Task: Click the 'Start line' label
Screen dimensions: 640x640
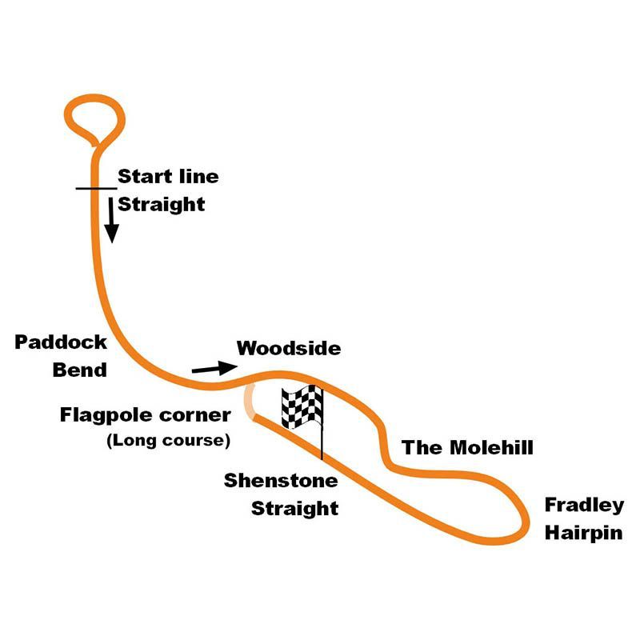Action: [168, 177]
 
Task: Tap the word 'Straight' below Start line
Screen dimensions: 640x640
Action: [162, 204]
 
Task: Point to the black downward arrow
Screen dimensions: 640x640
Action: [112, 219]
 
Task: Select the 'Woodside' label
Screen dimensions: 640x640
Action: [289, 349]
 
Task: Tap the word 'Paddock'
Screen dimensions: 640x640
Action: [61, 342]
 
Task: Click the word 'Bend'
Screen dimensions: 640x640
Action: [80, 370]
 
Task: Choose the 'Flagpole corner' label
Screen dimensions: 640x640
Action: [146, 415]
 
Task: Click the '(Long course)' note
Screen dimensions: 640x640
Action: [169, 440]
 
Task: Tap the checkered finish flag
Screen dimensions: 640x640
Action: [302, 406]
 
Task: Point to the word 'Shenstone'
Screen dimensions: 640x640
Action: [281, 481]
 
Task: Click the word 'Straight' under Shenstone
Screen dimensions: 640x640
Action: [295, 508]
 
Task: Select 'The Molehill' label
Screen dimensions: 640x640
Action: [467, 447]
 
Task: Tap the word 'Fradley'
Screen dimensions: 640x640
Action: [584, 505]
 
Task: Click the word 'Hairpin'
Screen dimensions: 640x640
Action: [584, 533]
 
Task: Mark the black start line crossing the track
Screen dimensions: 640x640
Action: [96, 189]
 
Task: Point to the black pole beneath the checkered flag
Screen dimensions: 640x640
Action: [322, 444]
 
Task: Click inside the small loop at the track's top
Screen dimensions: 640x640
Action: [95, 118]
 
